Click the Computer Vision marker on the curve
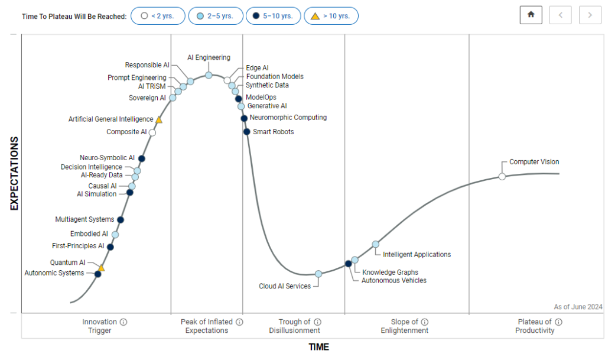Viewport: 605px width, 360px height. point(502,176)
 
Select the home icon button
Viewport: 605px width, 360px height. point(531,15)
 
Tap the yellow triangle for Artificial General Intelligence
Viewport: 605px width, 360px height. point(159,119)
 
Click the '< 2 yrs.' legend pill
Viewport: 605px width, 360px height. point(158,16)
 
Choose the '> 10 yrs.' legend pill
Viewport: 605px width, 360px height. point(331,16)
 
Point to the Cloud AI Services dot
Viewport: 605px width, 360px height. point(318,274)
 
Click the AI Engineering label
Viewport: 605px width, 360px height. point(209,57)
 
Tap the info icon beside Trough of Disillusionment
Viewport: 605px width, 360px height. point(317,322)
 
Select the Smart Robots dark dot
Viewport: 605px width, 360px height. point(247,131)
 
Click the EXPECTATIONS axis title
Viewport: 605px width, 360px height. point(15,174)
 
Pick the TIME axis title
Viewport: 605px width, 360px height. point(318,347)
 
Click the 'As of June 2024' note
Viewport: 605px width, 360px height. point(578,307)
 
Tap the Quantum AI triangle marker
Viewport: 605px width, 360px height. point(101,268)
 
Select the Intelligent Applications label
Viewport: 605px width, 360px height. point(417,255)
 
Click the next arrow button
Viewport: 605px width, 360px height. point(590,15)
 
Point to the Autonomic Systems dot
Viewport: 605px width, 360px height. point(98,274)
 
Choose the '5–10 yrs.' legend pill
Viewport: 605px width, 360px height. point(273,16)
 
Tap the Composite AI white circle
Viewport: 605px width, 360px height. point(152,132)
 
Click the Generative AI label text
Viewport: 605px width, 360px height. point(267,106)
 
